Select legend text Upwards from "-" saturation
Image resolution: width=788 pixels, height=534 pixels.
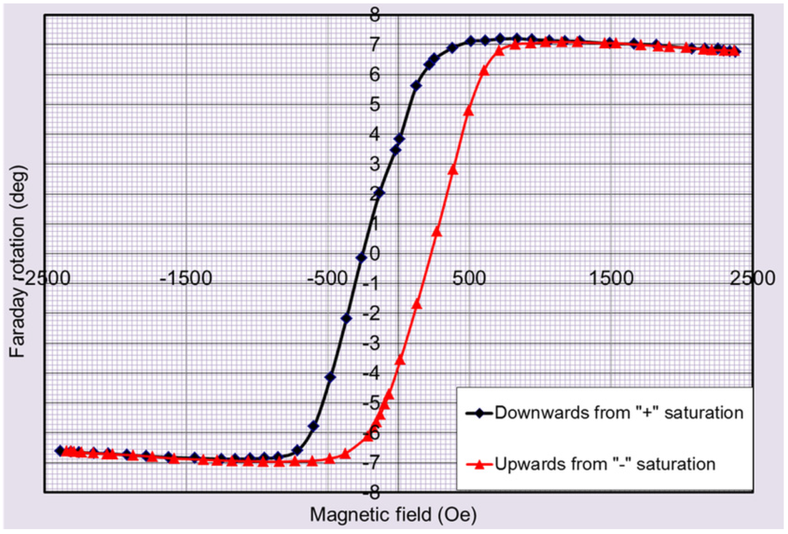click(605, 464)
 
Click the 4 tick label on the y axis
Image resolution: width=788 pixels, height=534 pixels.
click(374, 135)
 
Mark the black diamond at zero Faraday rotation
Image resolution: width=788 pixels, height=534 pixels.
click(361, 258)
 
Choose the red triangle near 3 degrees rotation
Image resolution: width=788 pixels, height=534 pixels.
click(453, 170)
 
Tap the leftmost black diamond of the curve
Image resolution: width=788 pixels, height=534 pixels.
click(60, 451)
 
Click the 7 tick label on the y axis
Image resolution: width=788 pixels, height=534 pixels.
click(374, 45)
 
